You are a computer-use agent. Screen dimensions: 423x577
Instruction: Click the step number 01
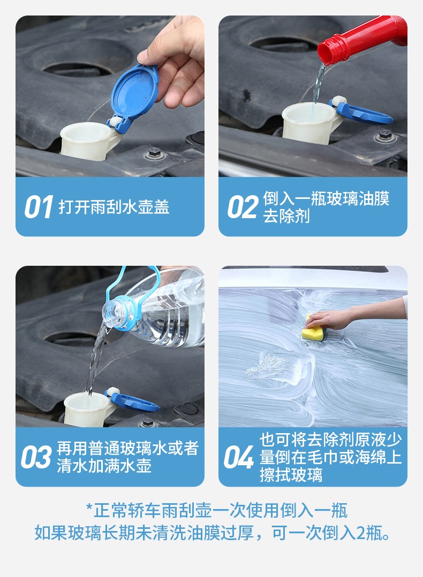click(39, 207)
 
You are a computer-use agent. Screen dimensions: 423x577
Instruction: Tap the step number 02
click(243, 207)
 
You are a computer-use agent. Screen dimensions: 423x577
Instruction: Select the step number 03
click(36, 457)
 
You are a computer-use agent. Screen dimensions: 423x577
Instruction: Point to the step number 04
click(239, 457)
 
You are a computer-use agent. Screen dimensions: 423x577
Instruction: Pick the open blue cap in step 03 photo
click(133, 401)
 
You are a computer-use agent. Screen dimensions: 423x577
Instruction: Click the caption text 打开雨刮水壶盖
click(114, 207)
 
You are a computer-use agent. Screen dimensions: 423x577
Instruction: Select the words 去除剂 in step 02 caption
click(286, 216)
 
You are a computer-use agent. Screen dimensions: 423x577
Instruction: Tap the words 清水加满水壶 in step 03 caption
click(104, 466)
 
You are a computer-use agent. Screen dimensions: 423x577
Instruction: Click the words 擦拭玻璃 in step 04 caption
click(291, 475)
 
